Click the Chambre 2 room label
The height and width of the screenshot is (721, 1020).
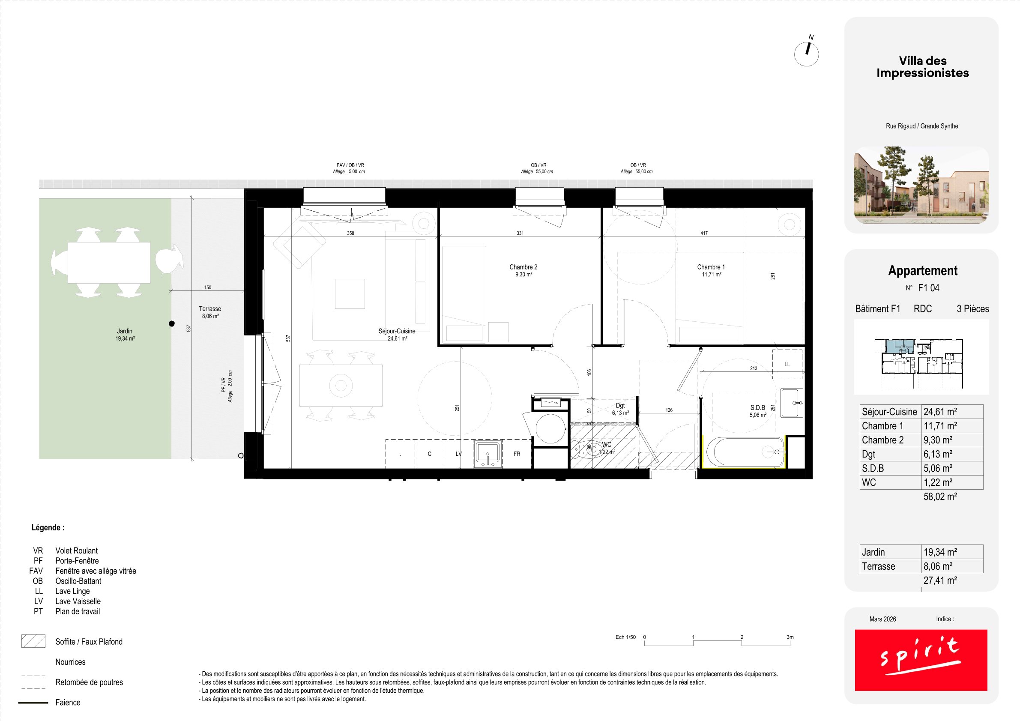523,267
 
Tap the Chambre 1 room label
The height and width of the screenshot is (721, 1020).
711,267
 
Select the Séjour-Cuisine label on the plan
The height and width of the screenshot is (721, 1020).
397,331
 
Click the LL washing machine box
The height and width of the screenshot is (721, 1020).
787,364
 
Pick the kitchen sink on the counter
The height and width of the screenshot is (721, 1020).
488,454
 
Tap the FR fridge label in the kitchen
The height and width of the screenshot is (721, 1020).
517,454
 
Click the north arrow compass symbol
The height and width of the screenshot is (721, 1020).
806,52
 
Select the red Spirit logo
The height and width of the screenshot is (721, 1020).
921,660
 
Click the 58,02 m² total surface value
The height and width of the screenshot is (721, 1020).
940,497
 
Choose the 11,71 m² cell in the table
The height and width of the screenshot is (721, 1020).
940,426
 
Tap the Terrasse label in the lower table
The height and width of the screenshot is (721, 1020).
878,566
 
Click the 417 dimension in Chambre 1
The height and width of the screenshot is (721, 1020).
704,233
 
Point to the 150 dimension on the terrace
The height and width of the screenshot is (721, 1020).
208,287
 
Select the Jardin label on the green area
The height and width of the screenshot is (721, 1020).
125,331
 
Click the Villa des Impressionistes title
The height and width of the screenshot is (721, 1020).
923,67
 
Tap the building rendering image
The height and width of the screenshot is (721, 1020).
921,185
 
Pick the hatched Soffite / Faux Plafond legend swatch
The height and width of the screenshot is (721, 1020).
33,641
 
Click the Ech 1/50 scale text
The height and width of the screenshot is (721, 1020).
625,637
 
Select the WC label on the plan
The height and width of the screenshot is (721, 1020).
607,445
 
